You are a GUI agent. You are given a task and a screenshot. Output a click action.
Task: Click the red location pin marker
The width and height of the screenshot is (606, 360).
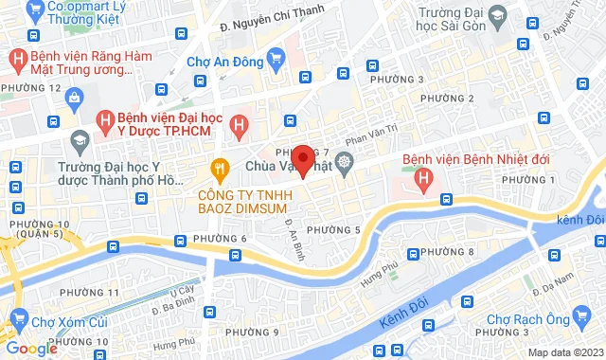click(302, 160)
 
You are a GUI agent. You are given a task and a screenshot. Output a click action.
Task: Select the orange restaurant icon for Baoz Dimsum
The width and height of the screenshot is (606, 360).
click(221, 169)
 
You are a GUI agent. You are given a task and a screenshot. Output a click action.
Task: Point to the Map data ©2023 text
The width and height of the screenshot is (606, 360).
click(565, 352)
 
